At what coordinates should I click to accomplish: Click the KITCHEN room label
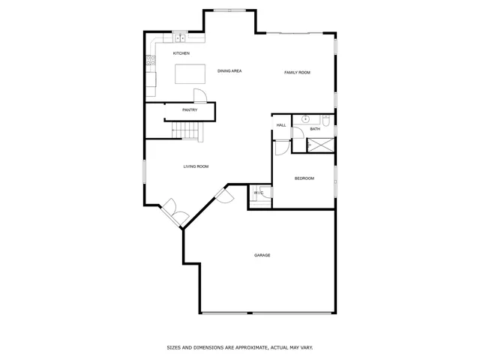click(x=181, y=53)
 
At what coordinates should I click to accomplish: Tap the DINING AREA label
click(x=229, y=71)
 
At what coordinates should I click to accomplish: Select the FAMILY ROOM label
click(x=297, y=72)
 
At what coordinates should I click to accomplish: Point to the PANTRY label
click(x=190, y=110)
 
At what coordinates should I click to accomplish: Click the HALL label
click(x=281, y=125)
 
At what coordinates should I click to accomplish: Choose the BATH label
click(x=315, y=129)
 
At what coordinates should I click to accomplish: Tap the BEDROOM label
click(x=304, y=178)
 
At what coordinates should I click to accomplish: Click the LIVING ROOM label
click(x=196, y=166)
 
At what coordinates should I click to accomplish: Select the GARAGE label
click(x=262, y=255)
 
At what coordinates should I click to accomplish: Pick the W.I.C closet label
click(x=259, y=193)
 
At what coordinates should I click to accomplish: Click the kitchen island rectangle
click(x=190, y=73)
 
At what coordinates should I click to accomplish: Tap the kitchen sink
click(x=179, y=37)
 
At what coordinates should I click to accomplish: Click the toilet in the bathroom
click(x=327, y=120)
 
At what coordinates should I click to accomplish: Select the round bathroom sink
click(x=306, y=118)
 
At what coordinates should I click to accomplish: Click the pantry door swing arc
click(x=200, y=94)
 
